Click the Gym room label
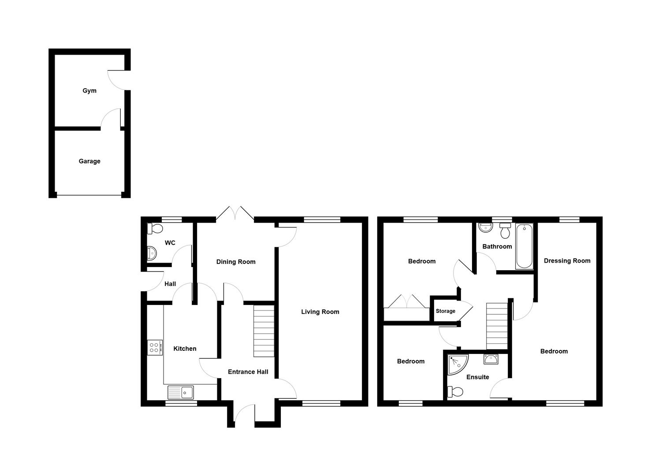pyautogui.click(x=89, y=91)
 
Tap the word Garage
pyautogui.click(x=89, y=161)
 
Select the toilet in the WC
pyautogui.click(x=155, y=228)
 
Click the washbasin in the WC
pyautogui.click(x=152, y=253)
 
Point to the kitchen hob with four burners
pyautogui.click(x=155, y=347)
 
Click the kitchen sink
pyautogui.click(x=181, y=392)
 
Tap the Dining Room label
pyautogui.click(x=236, y=262)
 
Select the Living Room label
pyautogui.click(x=320, y=312)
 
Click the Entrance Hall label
pyautogui.click(x=248, y=372)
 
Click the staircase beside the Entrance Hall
pyautogui.click(x=264, y=331)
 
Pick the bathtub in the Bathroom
pyautogui.click(x=524, y=246)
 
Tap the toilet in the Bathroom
pyautogui.click(x=505, y=230)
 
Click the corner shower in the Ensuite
pyautogui.click(x=457, y=364)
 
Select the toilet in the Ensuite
pyautogui.click(x=455, y=391)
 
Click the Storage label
pyautogui.click(x=446, y=311)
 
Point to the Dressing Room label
pyautogui.click(x=567, y=261)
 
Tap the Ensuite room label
pyautogui.click(x=478, y=377)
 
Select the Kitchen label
pyautogui.click(x=185, y=349)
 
